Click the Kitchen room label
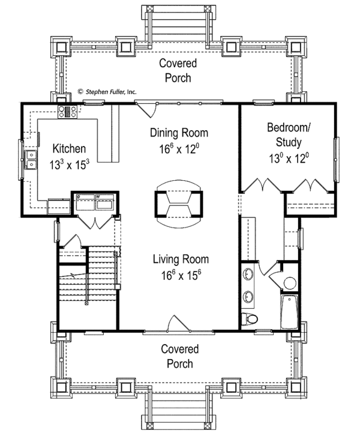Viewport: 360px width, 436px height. click(x=69, y=148)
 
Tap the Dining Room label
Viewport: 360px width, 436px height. click(x=179, y=133)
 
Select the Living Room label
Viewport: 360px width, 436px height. click(x=181, y=259)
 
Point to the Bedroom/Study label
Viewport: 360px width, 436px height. click(x=289, y=135)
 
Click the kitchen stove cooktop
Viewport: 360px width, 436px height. click(x=67, y=112)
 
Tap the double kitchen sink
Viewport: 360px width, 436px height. click(x=31, y=160)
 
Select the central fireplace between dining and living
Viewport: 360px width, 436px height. click(x=179, y=204)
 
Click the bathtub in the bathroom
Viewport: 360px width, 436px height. click(x=289, y=312)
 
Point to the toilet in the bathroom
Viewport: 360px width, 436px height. click(x=249, y=319)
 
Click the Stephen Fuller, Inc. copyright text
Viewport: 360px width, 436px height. click(x=107, y=91)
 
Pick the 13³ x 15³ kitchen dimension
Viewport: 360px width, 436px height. click(x=69, y=165)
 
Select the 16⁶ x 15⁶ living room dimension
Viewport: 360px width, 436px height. click(x=181, y=275)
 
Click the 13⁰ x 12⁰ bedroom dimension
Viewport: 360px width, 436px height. click(x=289, y=159)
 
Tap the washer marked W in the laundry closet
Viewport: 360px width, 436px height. click(x=105, y=202)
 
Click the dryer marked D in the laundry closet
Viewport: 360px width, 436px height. click(x=86, y=202)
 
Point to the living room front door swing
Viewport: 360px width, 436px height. click(x=178, y=323)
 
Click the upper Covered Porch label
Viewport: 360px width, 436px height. click(x=178, y=70)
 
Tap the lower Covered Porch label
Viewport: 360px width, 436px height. click(x=180, y=356)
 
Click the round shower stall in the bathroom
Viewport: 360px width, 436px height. click(x=290, y=283)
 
